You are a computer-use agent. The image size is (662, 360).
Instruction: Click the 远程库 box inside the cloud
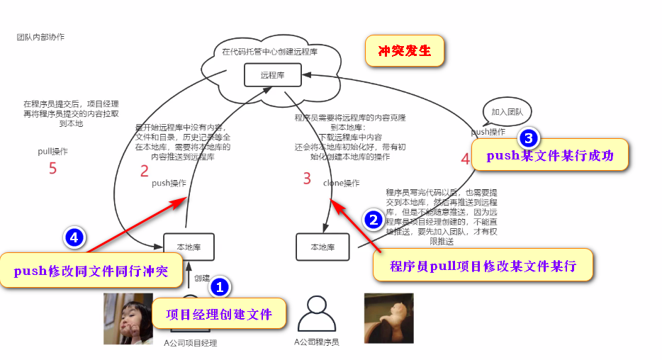click(272, 74)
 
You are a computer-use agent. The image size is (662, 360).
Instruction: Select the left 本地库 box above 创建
click(189, 247)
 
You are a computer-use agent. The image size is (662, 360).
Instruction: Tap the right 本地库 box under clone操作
click(322, 247)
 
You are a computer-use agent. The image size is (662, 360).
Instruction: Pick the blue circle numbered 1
click(220, 287)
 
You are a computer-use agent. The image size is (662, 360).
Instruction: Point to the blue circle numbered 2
click(374, 220)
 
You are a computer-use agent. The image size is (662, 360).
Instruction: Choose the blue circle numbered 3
click(529, 137)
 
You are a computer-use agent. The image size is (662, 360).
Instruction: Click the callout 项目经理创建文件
click(219, 314)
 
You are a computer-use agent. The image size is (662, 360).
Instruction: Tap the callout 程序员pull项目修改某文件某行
click(482, 266)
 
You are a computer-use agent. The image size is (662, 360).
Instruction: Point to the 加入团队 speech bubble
click(506, 111)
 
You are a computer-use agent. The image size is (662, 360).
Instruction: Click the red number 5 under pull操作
click(52, 168)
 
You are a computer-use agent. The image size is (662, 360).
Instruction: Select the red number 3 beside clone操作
click(307, 179)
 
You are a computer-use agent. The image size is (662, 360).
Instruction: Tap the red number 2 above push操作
click(145, 170)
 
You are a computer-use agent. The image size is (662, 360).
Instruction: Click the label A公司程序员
click(317, 342)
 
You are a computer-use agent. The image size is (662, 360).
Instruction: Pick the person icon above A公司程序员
click(315, 314)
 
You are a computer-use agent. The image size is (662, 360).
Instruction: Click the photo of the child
click(128, 318)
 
